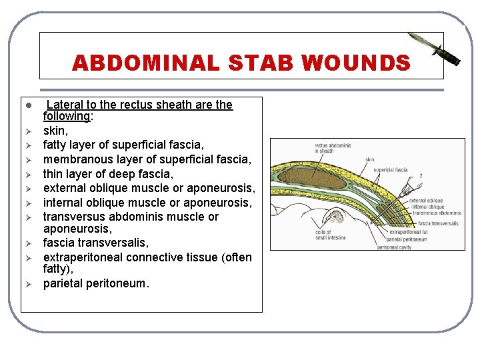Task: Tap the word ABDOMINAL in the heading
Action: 145,63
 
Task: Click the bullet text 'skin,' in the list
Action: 56,130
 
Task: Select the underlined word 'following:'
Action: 67,116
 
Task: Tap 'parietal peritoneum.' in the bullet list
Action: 97,283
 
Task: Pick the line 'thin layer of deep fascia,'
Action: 108,174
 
